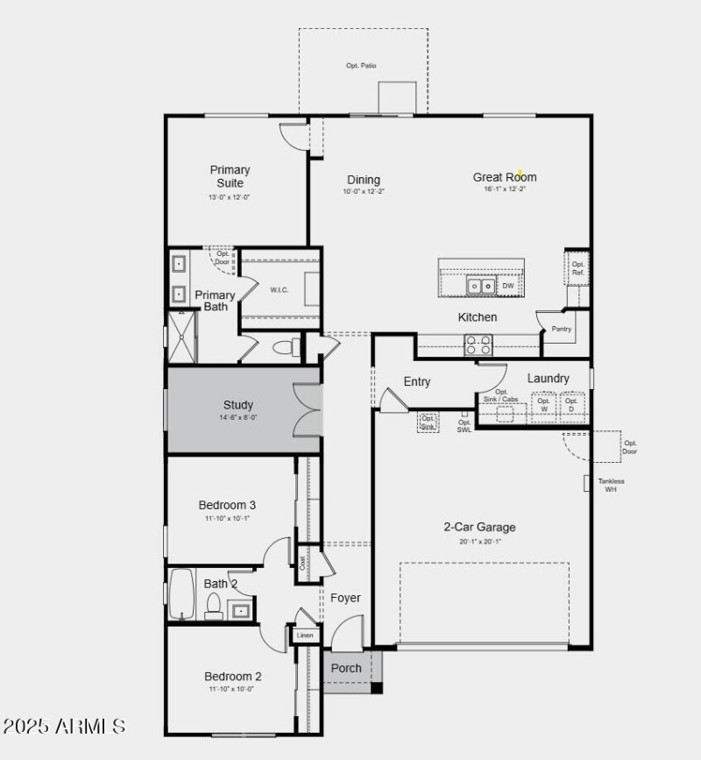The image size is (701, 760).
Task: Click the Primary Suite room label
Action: click(230, 176)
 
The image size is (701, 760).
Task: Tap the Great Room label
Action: click(505, 177)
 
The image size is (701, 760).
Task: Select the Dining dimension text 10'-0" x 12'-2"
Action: click(363, 191)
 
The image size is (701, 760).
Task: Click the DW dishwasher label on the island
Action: click(508, 286)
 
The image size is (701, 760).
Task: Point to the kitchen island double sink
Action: click(479, 286)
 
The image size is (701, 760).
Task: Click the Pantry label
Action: click(561, 330)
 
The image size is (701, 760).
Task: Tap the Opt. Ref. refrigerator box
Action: click(577, 269)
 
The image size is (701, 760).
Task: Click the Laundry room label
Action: click(549, 379)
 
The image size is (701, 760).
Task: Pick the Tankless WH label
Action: click(612, 485)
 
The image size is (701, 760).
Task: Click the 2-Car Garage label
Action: click(478, 527)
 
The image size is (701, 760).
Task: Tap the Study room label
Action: click(238, 405)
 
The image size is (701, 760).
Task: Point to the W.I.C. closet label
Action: click(280, 290)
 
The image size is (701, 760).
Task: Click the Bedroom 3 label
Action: click(227, 505)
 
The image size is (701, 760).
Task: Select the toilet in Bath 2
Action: click(214, 606)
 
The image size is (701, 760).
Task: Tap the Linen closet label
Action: click(305, 635)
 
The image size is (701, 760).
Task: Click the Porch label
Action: click(346, 668)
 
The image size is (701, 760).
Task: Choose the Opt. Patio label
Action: click(361, 66)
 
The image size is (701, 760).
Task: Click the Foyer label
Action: click(345, 598)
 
